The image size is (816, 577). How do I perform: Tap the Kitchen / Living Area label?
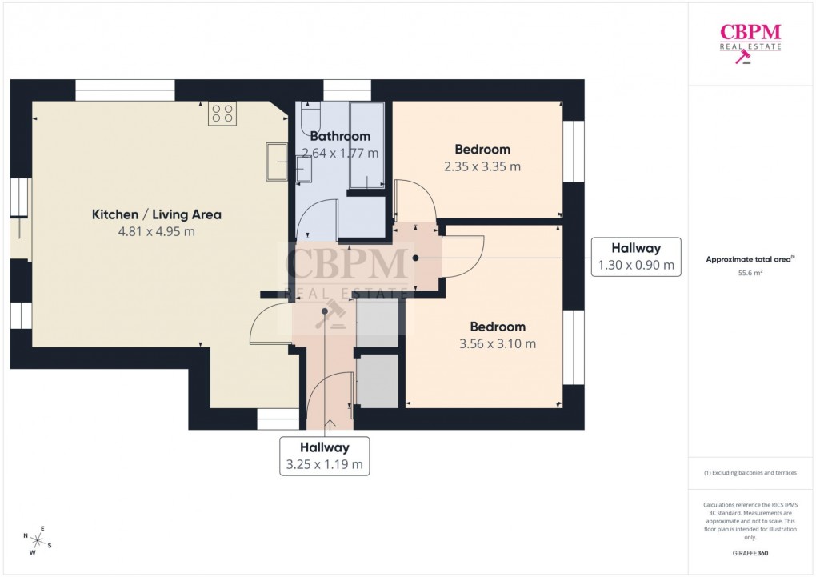pyautogui.click(x=156, y=214)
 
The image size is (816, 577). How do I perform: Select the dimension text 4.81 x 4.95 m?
pyautogui.click(x=156, y=232)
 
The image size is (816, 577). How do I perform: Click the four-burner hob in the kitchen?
pyautogui.click(x=222, y=114)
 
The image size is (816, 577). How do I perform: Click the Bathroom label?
pyautogui.click(x=340, y=136)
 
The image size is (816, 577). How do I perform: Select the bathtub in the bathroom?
pyautogui.click(x=367, y=146)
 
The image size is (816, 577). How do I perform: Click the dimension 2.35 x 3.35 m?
pyautogui.click(x=482, y=167)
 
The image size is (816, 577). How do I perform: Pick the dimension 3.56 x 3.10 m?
pyautogui.click(x=497, y=344)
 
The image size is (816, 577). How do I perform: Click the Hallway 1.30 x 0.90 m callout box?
pyautogui.click(x=636, y=257)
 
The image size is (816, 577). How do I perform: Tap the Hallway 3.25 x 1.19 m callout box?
pyautogui.click(x=324, y=456)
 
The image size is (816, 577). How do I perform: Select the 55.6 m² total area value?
pyautogui.click(x=750, y=273)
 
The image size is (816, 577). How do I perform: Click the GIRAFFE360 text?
pyautogui.click(x=750, y=553)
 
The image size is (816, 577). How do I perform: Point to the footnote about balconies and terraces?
pyautogui.click(x=750, y=473)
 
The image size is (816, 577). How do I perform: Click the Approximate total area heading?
pyautogui.click(x=750, y=259)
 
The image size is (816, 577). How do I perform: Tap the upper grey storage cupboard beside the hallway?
pyautogui.click(x=378, y=323)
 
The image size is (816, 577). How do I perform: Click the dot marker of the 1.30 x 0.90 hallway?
pyautogui.click(x=415, y=258)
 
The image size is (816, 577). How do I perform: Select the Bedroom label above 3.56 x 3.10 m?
pyautogui.click(x=497, y=327)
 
